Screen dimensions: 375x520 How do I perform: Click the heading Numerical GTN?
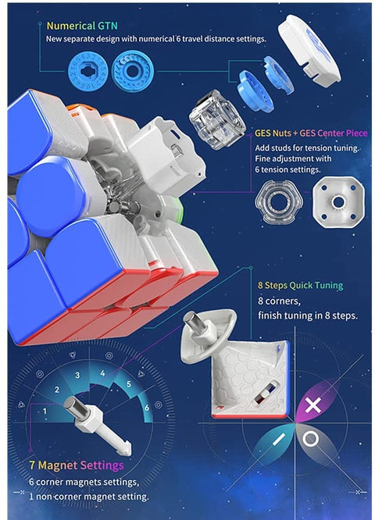pyautogui.click(x=82, y=26)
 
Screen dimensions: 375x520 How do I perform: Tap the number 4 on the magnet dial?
pyautogui.click(x=103, y=373)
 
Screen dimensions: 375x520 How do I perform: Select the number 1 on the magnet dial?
pyautogui.click(x=45, y=411)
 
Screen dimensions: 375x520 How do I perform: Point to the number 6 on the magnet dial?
pyautogui.click(x=147, y=408)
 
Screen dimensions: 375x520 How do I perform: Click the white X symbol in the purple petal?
pyautogui.click(x=313, y=405)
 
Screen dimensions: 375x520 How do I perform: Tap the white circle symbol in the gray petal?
pyautogui.click(x=311, y=439)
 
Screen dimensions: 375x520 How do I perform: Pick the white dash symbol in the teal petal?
pyautogui.click(x=279, y=440)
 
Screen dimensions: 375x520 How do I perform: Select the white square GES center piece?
pyautogui.click(x=338, y=201)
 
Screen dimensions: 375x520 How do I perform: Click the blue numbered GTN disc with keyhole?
pyautogui.click(x=87, y=71)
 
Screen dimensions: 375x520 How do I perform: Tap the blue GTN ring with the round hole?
pyautogui.click(x=132, y=71)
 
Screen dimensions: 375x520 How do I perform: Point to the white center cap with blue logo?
pyautogui.click(x=309, y=51)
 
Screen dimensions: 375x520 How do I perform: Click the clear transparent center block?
pyautogui.click(x=217, y=119)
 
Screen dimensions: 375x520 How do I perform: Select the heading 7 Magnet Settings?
pyautogui.click(x=77, y=465)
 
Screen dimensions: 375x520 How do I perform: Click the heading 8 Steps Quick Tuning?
pyautogui.click(x=300, y=285)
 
